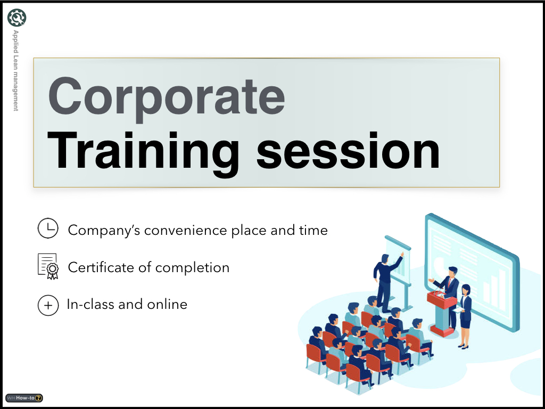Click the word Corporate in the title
pyautogui.click(x=166, y=97)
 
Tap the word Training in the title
pyautogui.click(x=143, y=153)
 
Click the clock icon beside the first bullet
pyautogui.click(x=48, y=228)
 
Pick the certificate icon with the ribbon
pyautogui.click(x=48, y=266)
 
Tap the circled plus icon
pyautogui.click(x=48, y=305)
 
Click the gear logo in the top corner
pyautogui.click(x=16, y=18)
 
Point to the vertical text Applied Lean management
pyautogui.click(x=15, y=70)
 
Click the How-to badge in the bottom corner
pyautogui.click(x=24, y=398)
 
